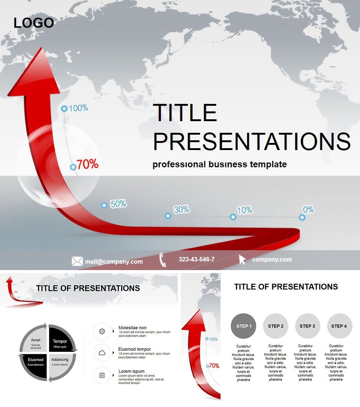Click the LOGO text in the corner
34,23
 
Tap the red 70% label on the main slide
87,164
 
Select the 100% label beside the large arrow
78,108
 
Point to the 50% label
118,204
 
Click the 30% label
181,210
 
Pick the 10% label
244,210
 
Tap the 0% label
308,210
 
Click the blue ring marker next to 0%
302,217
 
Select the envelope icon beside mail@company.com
77,261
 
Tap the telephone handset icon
163,260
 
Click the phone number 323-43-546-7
196,260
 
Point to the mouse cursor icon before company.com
242,260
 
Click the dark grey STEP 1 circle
244,326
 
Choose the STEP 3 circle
307,326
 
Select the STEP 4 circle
339,326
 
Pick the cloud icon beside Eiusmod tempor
102,353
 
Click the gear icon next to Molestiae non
102,331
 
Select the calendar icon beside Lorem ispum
102,375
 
